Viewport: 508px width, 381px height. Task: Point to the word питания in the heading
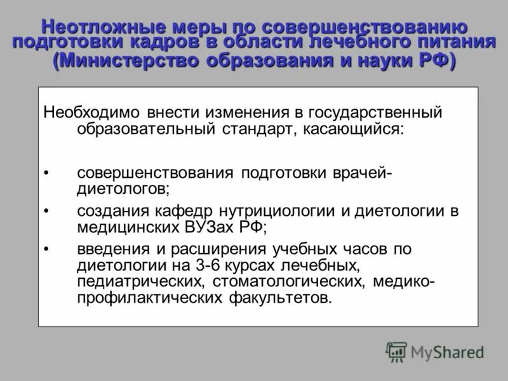tap(457, 43)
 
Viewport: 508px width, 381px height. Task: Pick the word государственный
tap(366, 112)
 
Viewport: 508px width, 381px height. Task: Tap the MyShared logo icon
tap(397, 352)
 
